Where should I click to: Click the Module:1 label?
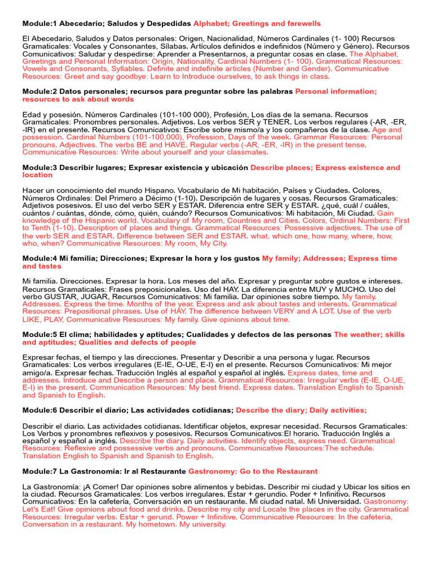(x=40, y=24)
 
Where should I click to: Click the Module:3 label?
(x=40, y=168)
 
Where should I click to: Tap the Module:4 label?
(x=40, y=259)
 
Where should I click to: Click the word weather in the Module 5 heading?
(x=367, y=335)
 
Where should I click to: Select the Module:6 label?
(x=40, y=410)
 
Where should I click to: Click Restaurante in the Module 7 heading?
(x=164, y=471)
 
